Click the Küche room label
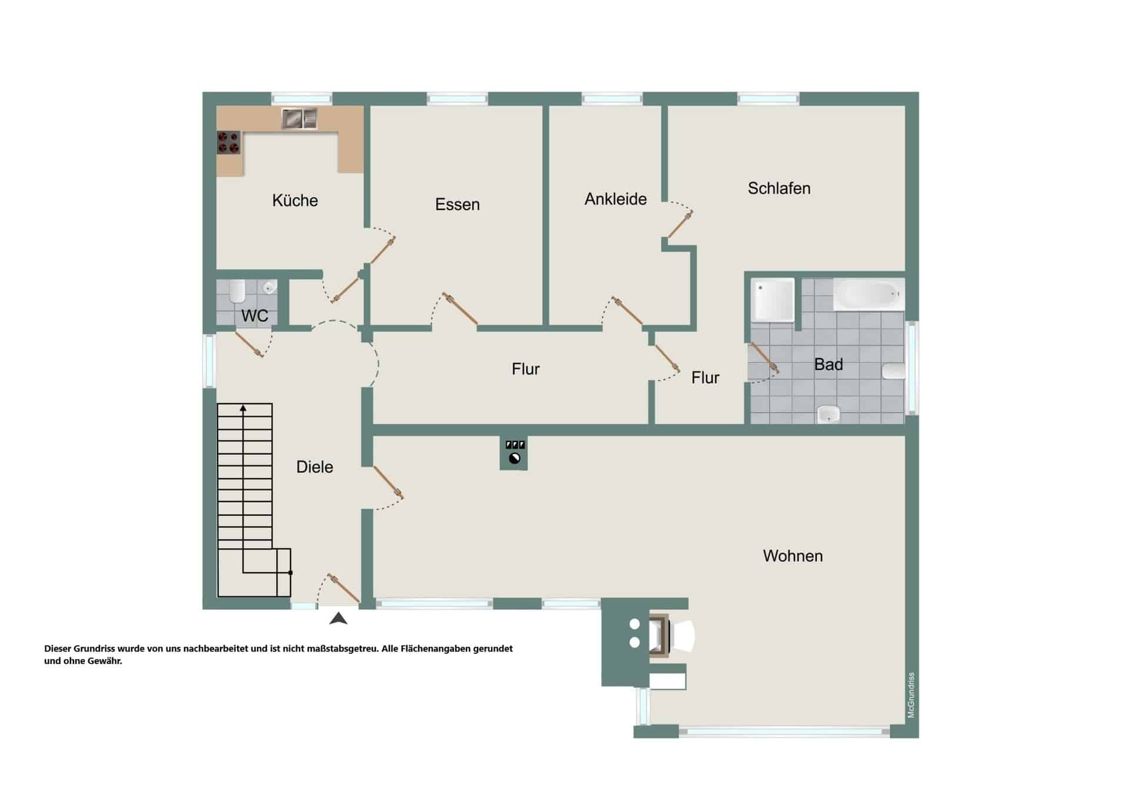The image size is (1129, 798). pos(295,201)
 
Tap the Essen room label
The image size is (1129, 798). pos(457,205)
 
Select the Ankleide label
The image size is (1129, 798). pos(616,199)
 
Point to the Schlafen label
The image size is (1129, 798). pos(779,188)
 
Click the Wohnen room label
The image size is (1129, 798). pos(793,556)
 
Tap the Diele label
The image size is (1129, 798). pos(315,467)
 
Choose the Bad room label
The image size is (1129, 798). pos(829,365)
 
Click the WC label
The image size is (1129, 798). pos(255,316)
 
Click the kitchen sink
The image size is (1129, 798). pos(299,119)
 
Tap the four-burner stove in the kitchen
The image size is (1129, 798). pos(229,142)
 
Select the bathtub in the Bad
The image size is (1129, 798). pos(869,294)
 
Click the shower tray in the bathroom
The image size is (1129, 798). pos(773,300)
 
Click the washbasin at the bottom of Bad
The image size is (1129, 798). pos(829,414)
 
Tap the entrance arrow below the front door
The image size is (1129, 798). pos(338,618)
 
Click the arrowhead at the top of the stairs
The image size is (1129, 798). pos(243,408)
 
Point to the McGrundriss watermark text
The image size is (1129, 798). pos(911,695)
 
